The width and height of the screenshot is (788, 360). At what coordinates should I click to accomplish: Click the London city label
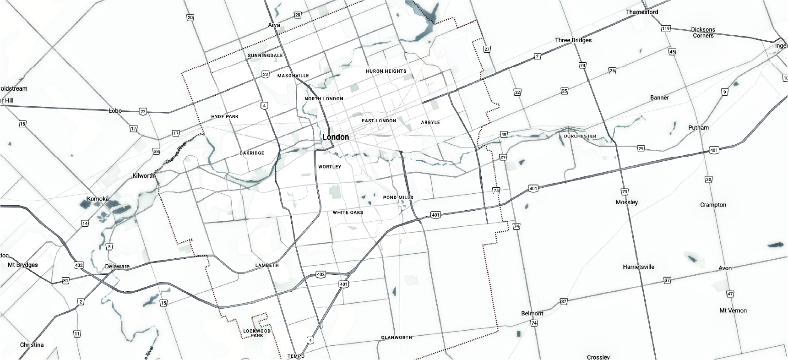336,137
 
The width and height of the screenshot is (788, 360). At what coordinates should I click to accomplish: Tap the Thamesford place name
642,12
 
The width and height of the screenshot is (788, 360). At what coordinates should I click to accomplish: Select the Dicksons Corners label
703,33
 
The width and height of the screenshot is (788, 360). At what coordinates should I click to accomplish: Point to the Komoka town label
98,199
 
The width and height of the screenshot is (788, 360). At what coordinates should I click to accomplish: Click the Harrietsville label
638,267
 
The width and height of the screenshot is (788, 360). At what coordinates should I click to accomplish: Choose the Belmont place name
532,314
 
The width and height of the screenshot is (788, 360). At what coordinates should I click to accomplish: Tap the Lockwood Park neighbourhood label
257,333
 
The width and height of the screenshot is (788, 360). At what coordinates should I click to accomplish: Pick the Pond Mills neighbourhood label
398,198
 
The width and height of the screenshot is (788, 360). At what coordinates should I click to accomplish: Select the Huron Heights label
386,71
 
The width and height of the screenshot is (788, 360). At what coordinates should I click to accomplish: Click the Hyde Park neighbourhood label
225,117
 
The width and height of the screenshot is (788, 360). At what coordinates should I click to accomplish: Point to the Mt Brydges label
23,265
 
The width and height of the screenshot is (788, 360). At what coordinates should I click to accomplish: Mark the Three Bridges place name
573,40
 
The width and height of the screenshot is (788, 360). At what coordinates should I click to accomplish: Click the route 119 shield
666,28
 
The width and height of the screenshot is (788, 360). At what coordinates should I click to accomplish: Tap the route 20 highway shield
190,17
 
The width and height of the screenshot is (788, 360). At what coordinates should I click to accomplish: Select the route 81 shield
65,280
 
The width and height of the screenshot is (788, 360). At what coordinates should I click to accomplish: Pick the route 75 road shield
496,191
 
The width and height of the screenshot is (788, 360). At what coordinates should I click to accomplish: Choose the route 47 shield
730,294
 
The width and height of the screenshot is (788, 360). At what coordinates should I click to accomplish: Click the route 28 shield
298,15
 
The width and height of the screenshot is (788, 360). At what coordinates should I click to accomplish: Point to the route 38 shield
156,152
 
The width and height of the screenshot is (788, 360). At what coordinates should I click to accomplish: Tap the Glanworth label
397,338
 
